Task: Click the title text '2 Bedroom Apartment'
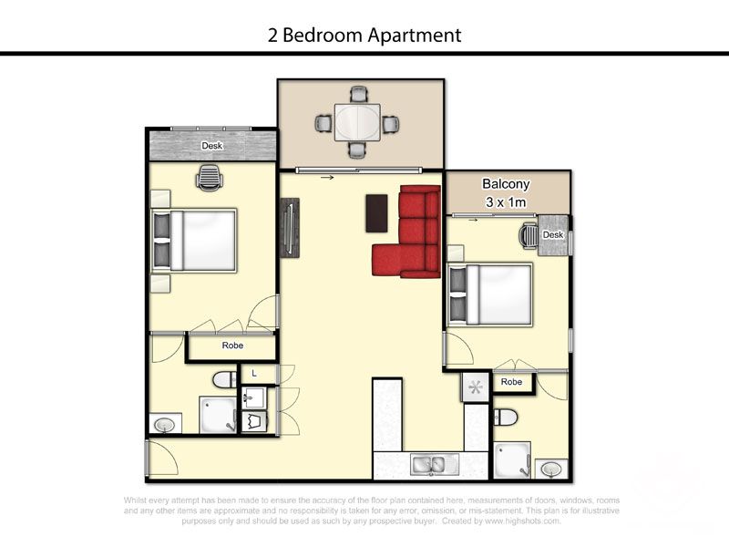[364, 36]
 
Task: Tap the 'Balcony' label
[506, 183]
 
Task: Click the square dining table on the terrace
[356, 121]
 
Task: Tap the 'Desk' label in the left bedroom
[212, 146]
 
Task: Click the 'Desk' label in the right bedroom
[553, 235]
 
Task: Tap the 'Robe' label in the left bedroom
[232, 346]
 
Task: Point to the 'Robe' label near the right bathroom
[512, 382]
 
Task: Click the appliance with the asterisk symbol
[474, 387]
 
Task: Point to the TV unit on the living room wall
[289, 228]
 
